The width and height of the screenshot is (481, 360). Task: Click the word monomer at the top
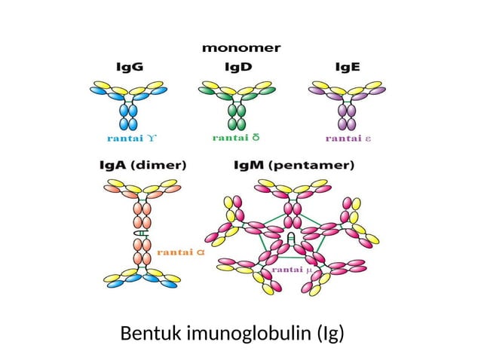click(x=240, y=47)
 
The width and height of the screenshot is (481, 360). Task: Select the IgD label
click(x=239, y=67)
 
